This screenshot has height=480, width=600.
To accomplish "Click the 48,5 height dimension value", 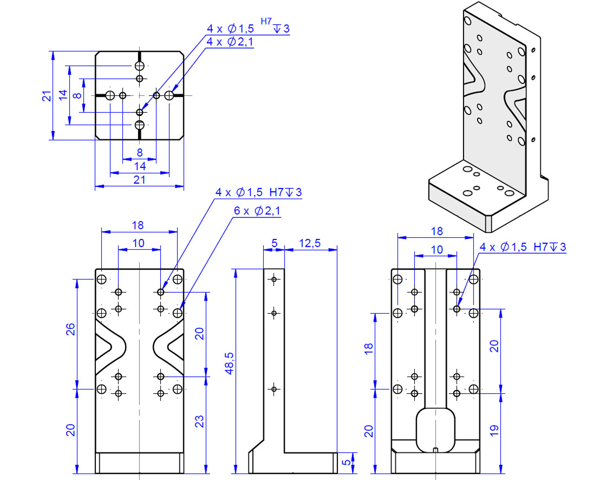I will [229, 363].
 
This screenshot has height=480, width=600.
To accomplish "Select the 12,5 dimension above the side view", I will [310, 243].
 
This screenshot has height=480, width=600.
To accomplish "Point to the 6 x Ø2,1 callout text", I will [257, 211].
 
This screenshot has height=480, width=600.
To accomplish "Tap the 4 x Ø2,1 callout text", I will [230, 42].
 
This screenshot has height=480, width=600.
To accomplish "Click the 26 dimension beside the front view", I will [70, 329].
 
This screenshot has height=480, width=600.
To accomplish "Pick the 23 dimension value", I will [199, 421].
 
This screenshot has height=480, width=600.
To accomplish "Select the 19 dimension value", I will [494, 430].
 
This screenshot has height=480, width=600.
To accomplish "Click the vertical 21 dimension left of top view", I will [46, 96].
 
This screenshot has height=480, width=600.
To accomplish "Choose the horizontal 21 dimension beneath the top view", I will [139, 180].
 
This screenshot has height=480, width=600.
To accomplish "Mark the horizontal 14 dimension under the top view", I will [140, 166].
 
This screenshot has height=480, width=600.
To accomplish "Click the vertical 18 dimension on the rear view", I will [368, 349].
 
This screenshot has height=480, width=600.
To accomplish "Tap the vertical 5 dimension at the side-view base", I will [346, 462].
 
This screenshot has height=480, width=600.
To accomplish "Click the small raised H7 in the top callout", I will [266, 22].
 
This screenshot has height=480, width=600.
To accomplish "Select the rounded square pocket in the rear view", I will [436, 429].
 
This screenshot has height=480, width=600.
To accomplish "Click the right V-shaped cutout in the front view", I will [169, 347].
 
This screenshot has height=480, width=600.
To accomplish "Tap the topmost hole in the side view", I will [274, 280].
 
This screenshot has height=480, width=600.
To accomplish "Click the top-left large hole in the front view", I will [102, 280].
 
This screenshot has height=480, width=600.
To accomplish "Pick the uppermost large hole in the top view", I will [139, 66].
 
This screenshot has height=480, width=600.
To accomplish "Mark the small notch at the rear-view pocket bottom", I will [436, 450].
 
